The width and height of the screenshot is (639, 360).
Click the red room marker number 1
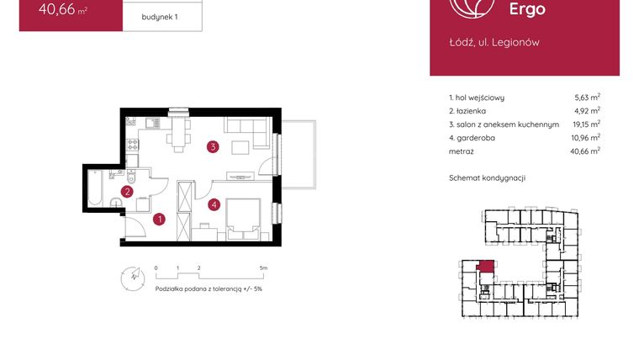click(160, 220)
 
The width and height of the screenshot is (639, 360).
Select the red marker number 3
click(214, 147)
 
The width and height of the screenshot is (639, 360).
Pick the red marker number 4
click(214, 203)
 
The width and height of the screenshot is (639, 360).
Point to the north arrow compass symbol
click(131, 277)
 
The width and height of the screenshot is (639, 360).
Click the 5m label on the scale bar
click(263, 268)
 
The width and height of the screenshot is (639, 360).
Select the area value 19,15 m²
click(587, 124)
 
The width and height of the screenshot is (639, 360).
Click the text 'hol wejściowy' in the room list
click(481, 98)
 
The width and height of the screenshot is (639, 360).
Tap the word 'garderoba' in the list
click(480, 137)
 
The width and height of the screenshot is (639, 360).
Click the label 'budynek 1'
click(160, 15)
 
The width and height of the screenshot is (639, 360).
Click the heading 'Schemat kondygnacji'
click(487, 178)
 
